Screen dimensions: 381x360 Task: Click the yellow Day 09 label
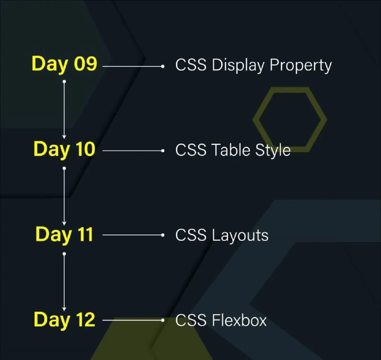[64, 64]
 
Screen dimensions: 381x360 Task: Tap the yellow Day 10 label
[64, 149]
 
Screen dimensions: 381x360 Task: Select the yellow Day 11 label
[64, 235]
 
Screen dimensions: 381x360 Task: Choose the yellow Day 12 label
[64, 319]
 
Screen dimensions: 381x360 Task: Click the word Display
[238, 65]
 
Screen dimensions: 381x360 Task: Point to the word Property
[301, 66]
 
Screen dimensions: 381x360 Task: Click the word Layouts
[240, 236]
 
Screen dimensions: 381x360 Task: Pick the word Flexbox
[240, 320]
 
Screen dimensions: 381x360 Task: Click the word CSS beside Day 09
[191, 65]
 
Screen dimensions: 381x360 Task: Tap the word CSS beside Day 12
[191, 320]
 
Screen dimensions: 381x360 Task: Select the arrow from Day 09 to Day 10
[64, 110]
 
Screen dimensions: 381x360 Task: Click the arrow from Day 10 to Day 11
[64, 196]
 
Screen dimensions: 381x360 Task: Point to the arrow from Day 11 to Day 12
[64, 282]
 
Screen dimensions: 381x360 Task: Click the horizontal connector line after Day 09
[133, 66]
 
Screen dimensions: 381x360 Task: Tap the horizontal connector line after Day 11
[133, 235]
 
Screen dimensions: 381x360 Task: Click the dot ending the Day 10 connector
[163, 151]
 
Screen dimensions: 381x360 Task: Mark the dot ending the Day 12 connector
[163, 320]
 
